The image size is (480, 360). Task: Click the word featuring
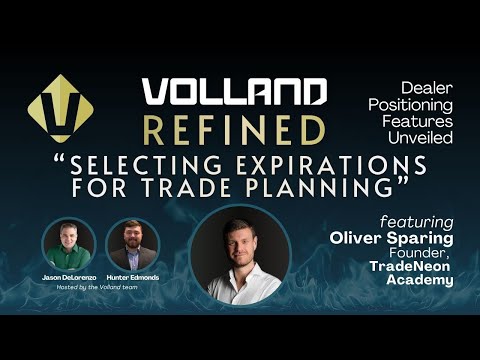click(x=415, y=220)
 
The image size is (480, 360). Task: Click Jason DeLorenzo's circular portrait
click(x=70, y=243)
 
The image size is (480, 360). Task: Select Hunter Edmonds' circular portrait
click(x=133, y=243)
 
